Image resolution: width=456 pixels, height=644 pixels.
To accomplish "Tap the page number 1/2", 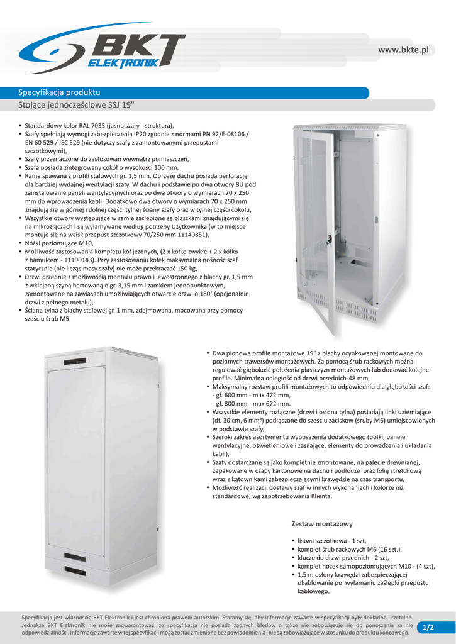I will [429, 627].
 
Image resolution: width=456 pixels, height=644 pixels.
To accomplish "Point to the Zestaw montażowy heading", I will [322, 524].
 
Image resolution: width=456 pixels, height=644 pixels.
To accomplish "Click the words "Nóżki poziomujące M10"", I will [58, 243].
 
